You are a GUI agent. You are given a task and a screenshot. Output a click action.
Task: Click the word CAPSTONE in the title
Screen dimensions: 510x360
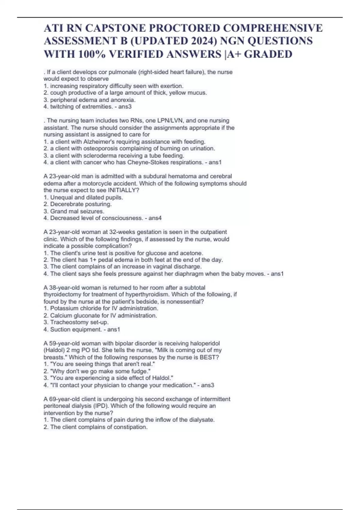[115, 28]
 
